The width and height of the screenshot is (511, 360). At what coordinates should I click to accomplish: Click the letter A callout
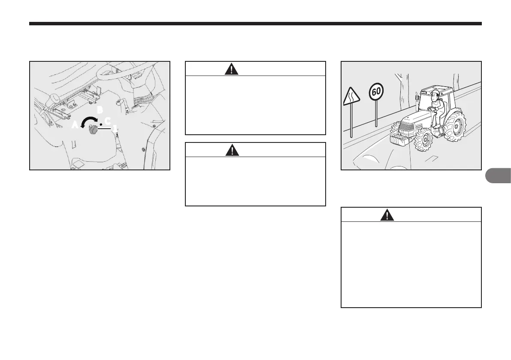75,125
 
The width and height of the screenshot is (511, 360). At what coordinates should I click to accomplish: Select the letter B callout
100,110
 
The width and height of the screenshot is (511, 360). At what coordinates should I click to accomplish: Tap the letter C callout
107,121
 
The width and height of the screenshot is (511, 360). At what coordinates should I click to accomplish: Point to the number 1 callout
115,128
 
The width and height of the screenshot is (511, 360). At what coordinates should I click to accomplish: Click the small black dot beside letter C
100,124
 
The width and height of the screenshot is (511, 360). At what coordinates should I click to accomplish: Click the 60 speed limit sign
376,92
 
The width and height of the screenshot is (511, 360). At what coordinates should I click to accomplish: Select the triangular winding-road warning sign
351,95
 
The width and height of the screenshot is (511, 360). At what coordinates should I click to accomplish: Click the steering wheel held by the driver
431,109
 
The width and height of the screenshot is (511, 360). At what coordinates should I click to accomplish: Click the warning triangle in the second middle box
231,150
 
